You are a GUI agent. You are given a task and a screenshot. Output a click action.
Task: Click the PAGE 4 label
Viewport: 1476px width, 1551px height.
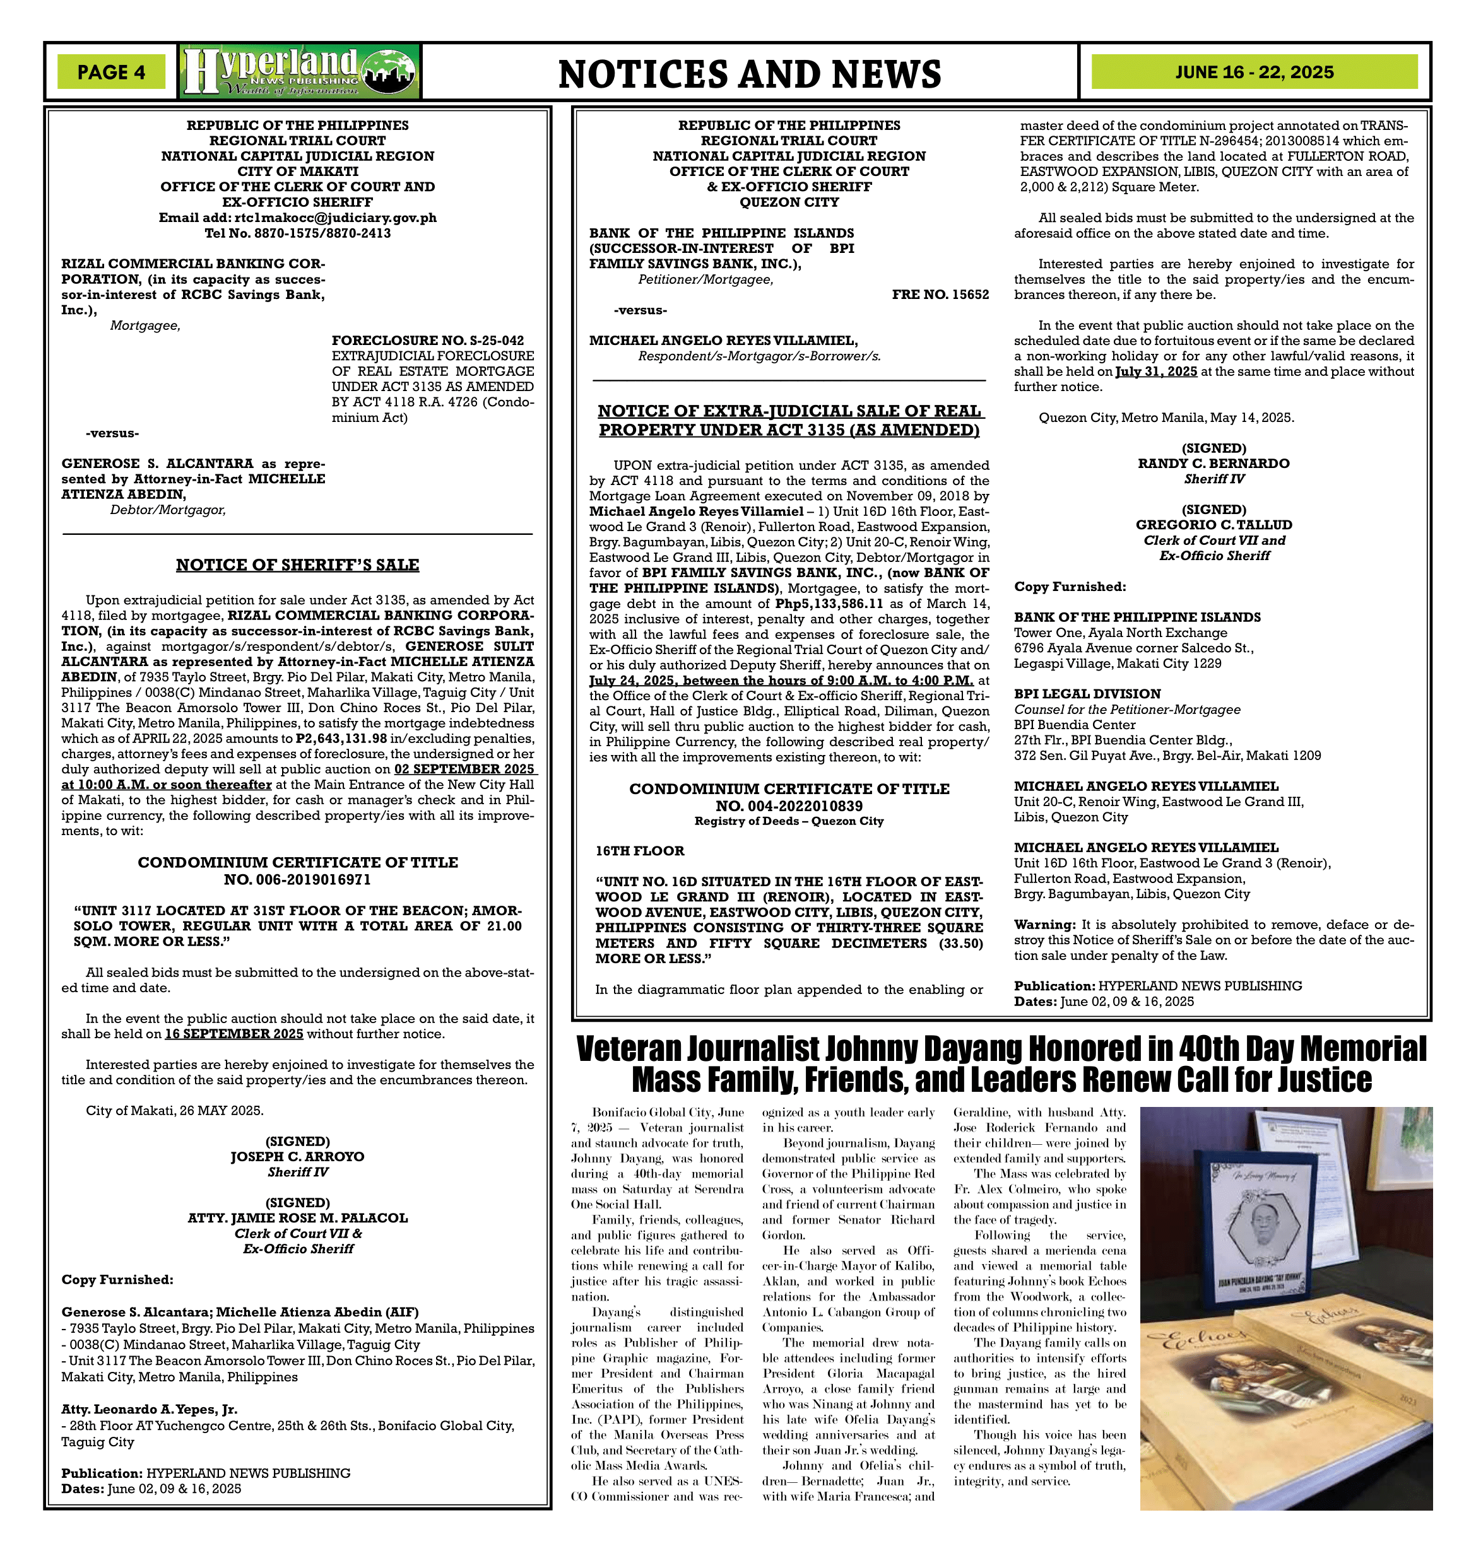(111, 73)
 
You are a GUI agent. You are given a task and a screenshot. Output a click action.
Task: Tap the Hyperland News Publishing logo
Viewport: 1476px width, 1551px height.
(299, 71)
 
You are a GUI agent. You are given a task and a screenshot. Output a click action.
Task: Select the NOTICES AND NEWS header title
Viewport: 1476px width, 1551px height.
(749, 74)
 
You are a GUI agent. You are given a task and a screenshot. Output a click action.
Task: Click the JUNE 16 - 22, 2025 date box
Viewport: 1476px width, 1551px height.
(1254, 73)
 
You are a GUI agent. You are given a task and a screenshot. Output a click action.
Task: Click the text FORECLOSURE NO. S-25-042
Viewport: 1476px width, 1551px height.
(427, 341)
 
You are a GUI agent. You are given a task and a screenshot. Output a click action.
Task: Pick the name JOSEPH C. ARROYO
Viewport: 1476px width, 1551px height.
(297, 1156)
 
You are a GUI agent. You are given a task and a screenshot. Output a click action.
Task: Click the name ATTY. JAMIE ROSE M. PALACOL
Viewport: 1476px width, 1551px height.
(297, 1217)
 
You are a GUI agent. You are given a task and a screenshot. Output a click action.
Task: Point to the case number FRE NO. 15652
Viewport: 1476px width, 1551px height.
(940, 294)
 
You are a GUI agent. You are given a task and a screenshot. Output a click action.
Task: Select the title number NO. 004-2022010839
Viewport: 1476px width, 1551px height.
(789, 805)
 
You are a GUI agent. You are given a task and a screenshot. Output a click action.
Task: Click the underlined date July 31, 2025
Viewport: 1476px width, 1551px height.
(1156, 372)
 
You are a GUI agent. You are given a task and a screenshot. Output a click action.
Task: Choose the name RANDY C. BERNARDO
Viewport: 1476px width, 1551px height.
(1213, 463)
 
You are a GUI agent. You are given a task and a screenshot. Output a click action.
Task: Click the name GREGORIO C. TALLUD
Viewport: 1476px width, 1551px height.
(1213, 525)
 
